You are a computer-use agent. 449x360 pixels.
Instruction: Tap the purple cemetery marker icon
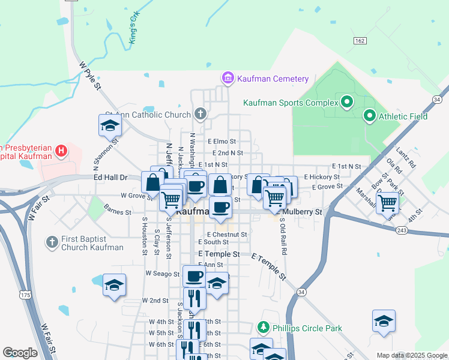coord(228,79)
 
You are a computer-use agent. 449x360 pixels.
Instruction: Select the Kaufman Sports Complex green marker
coord(346,103)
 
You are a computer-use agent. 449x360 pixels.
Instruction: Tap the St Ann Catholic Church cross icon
coord(200,114)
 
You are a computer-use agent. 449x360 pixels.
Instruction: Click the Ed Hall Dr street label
coord(110,178)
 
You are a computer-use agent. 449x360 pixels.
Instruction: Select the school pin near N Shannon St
coord(110,125)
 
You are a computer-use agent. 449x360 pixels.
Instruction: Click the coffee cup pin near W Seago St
coord(194,277)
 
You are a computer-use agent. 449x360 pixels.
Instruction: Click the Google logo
coord(20,353)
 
